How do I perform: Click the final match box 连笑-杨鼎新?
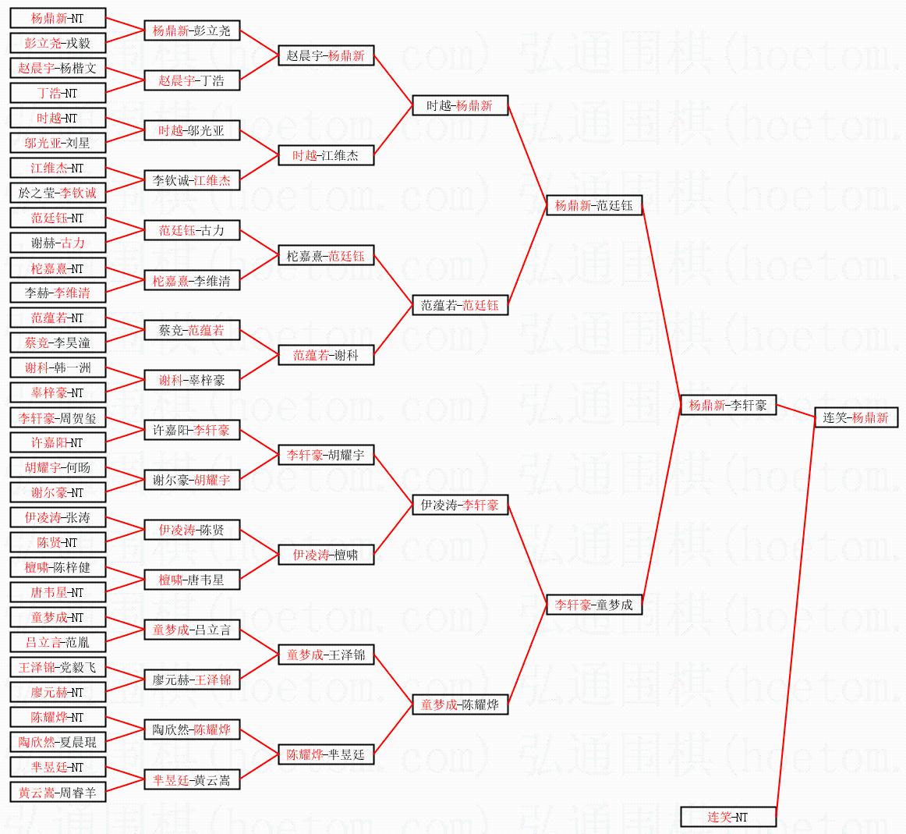pyautogui.click(x=855, y=417)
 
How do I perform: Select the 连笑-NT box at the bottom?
pyautogui.click(x=728, y=817)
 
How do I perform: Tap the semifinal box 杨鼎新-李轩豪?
pyautogui.click(x=728, y=405)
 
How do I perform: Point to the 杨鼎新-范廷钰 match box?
pyautogui.click(x=594, y=205)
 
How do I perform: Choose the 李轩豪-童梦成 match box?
pyautogui.click(x=594, y=604)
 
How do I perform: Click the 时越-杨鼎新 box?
pyautogui.click(x=460, y=105)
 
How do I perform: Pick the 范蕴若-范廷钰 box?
pyautogui.click(x=460, y=305)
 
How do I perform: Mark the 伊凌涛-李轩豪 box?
pyautogui.click(x=460, y=505)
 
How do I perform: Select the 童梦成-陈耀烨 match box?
pyautogui.click(x=460, y=704)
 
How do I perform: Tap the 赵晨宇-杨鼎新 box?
pyautogui.click(x=326, y=55)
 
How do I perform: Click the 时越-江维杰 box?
pyautogui.click(x=326, y=155)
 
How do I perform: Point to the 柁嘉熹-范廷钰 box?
pyautogui.click(x=326, y=255)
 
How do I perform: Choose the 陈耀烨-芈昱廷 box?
pyautogui.click(x=326, y=754)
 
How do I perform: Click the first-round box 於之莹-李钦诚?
pyautogui.click(x=58, y=192)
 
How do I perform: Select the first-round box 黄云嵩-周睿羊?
pyautogui.click(x=58, y=792)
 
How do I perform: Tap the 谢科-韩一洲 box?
pyautogui.click(x=58, y=367)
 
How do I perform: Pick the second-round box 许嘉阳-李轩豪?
pyautogui.click(x=192, y=430)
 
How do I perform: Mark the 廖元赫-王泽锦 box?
pyautogui.click(x=192, y=680)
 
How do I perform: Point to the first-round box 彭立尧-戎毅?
pyautogui.click(x=58, y=43)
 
